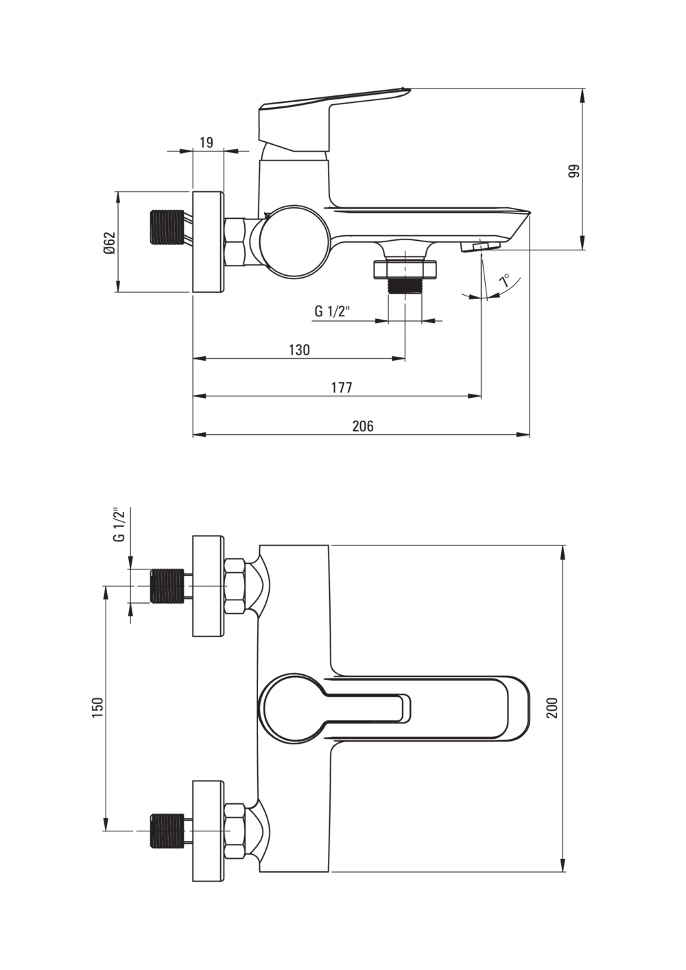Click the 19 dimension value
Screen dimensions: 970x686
(206, 143)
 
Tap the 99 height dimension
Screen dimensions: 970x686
(574, 171)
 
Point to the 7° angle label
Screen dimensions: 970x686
(505, 281)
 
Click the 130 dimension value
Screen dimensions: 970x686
(299, 350)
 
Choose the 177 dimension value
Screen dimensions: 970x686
(341, 388)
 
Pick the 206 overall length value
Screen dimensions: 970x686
(363, 426)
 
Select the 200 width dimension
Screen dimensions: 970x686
(553, 707)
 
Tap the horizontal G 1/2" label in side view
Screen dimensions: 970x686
(332, 311)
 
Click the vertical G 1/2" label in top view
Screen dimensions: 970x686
(119, 525)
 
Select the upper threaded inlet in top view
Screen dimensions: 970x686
(167, 586)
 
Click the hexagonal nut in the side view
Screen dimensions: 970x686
(236, 241)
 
